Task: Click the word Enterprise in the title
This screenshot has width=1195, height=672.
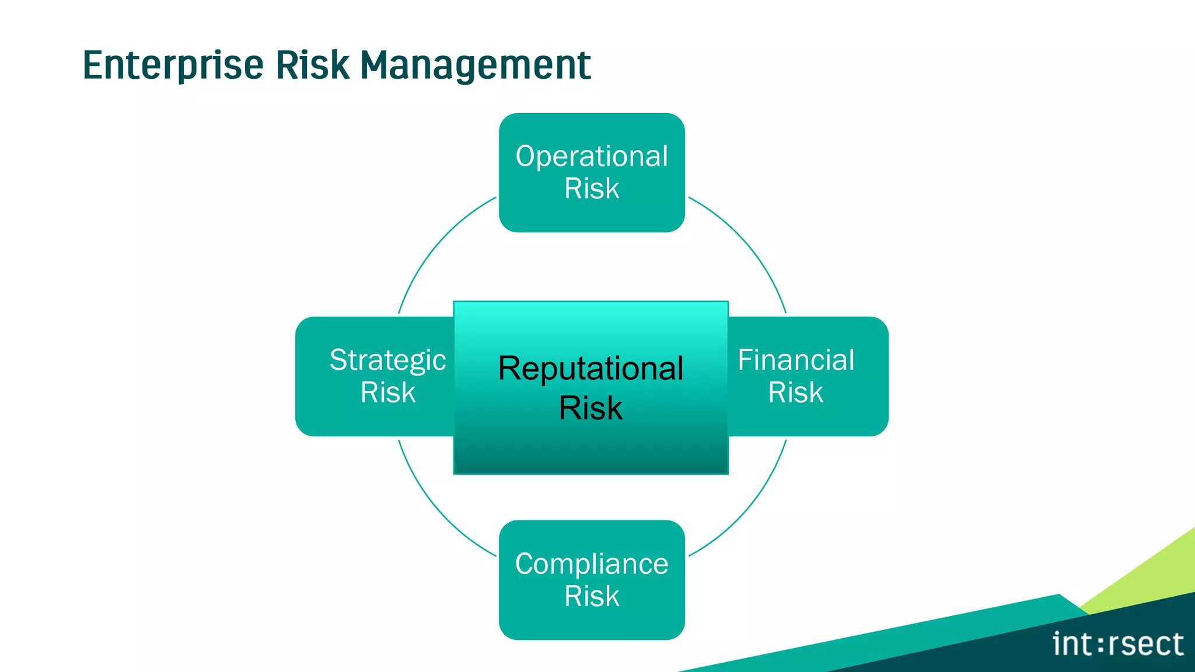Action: point(173,65)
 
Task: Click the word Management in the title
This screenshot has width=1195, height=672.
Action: point(475,65)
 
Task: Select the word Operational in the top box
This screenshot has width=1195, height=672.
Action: point(592,156)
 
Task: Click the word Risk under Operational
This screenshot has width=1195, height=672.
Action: point(592,189)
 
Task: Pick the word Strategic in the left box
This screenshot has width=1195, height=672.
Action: point(387,360)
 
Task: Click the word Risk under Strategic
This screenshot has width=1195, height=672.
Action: point(387,393)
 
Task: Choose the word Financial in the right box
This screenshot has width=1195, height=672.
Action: point(796,360)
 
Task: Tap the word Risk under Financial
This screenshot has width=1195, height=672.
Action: point(795,393)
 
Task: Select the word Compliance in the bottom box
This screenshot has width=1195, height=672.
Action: point(592,564)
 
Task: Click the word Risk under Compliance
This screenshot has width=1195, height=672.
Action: point(592,597)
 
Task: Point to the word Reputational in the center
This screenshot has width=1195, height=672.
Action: point(590,369)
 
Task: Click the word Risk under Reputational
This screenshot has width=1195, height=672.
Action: point(590,408)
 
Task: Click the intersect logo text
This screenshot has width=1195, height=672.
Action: point(1117,645)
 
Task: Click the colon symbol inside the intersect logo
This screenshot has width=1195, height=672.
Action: point(1100,645)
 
